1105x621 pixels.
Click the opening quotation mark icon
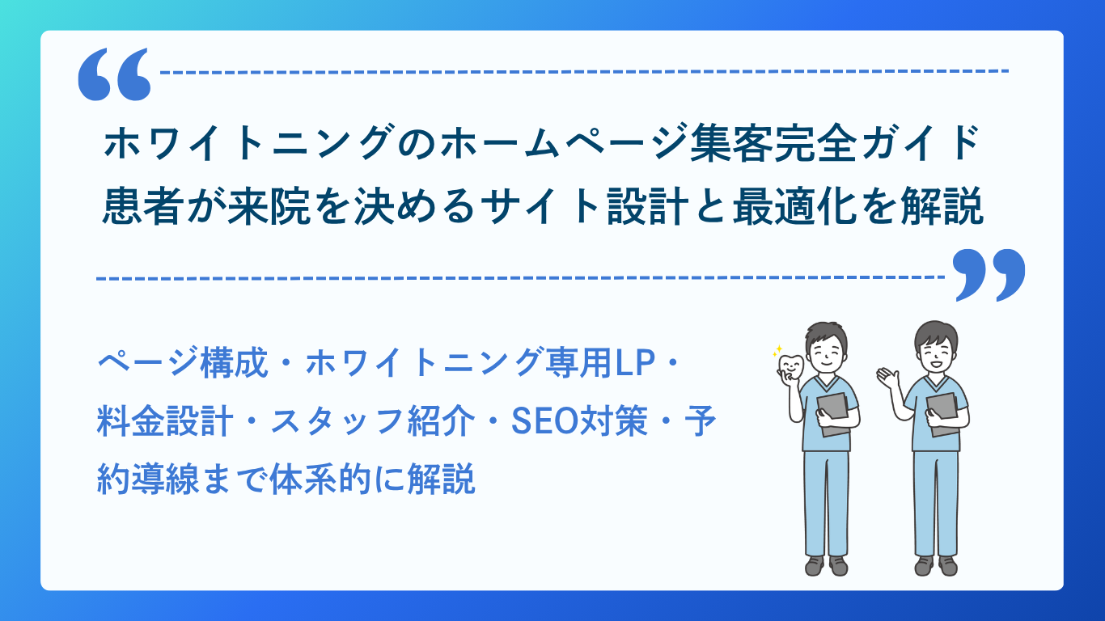click(x=114, y=74)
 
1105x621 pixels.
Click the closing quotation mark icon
click(x=989, y=275)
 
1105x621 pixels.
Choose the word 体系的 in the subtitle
click(x=320, y=479)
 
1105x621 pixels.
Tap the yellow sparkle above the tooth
click(x=777, y=351)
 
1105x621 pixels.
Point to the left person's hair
click(x=827, y=335)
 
